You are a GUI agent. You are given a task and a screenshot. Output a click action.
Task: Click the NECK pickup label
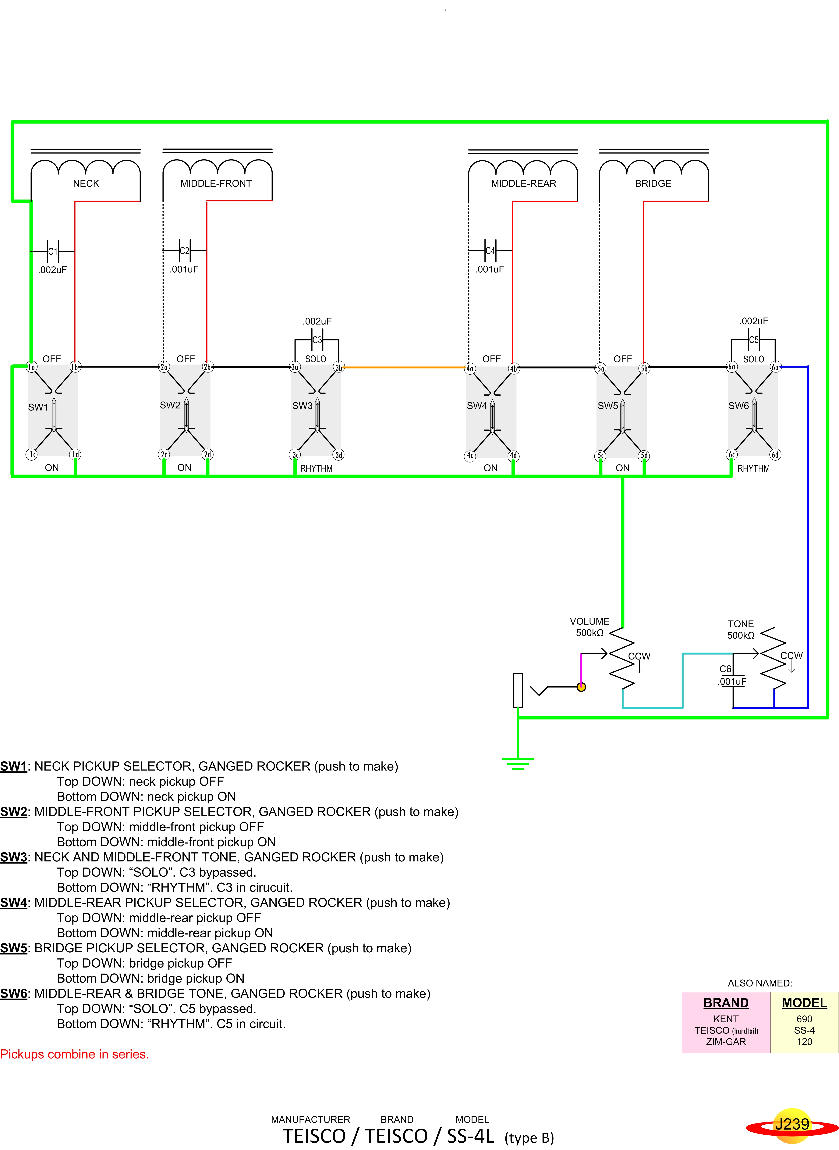coord(86,183)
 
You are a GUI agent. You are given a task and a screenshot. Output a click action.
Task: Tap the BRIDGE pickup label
coord(653,183)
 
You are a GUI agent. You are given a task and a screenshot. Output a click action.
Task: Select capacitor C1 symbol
coord(53,251)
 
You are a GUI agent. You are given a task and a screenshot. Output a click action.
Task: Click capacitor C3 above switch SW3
coord(317,340)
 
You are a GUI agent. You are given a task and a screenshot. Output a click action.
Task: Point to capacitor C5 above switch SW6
coord(754,340)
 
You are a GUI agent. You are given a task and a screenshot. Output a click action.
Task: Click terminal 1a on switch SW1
coord(31,367)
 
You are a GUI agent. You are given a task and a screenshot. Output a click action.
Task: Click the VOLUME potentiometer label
coord(590,621)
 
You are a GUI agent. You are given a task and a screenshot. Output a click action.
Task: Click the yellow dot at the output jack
coord(582,687)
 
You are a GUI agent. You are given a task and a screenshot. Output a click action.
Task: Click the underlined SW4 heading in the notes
coord(14,903)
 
